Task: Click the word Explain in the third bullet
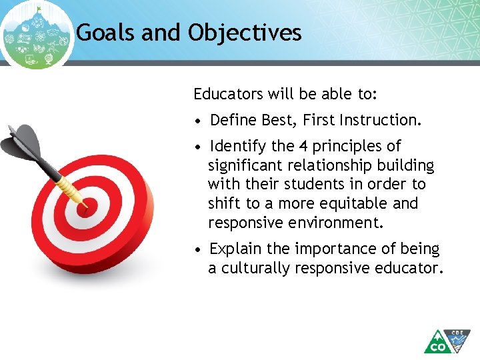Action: click(x=236, y=249)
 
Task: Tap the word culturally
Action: click(x=253, y=268)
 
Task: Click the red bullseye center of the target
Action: click(x=84, y=207)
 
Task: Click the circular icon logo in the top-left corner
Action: click(x=37, y=35)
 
